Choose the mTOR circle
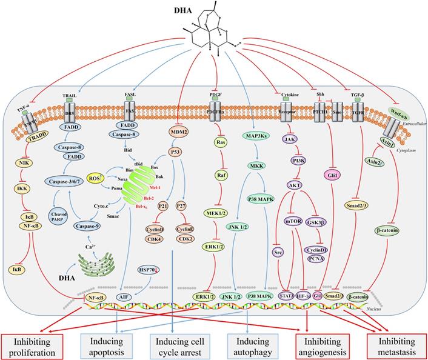click(292, 222)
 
